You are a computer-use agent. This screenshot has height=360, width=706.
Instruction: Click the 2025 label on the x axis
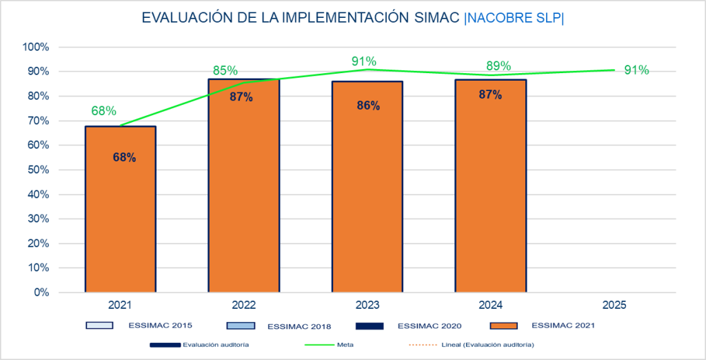point(614,304)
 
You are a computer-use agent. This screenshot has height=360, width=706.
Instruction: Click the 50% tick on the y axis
point(38,170)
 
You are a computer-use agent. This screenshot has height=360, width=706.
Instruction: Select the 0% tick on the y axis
point(41,292)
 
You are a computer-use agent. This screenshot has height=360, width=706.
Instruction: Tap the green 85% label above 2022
point(225,70)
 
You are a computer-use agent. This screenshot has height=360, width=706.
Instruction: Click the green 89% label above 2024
point(498,66)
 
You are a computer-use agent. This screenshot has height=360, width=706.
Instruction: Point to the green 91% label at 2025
point(636,70)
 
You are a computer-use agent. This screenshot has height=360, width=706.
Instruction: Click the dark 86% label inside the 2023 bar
point(367,106)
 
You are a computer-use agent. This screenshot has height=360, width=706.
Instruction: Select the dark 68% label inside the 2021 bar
point(124,157)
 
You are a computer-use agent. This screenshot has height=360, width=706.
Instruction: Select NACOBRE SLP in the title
point(514,18)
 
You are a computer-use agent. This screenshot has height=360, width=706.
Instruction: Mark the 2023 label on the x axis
point(367,304)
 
